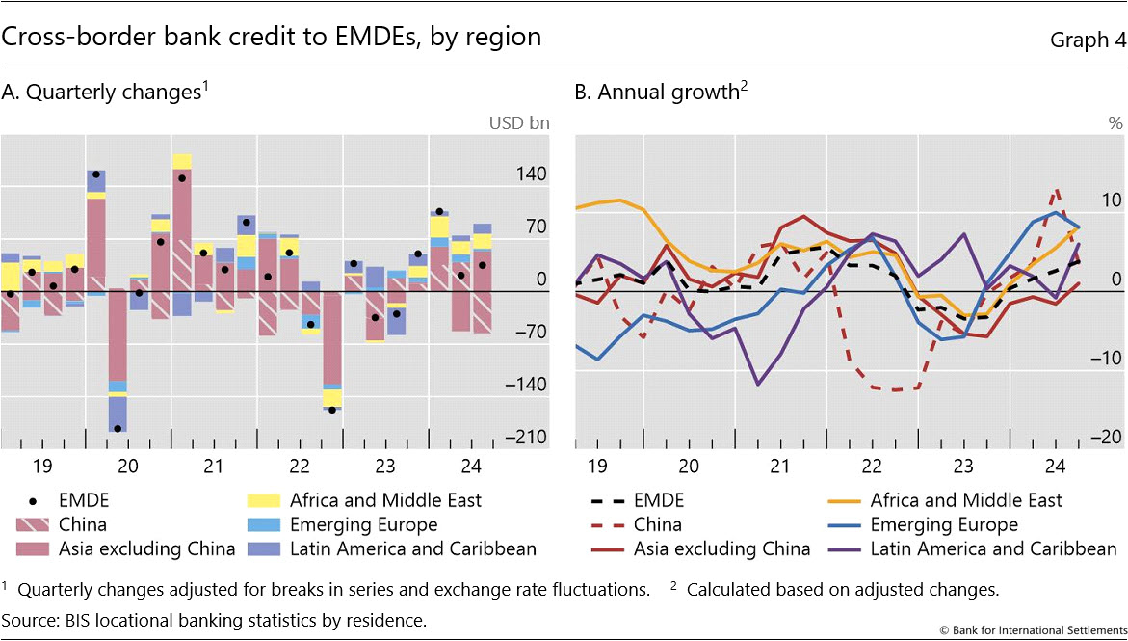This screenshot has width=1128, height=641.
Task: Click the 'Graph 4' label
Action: click(1081, 39)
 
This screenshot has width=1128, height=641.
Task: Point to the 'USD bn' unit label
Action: click(520, 123)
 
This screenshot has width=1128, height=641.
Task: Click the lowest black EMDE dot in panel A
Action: click(118, 428)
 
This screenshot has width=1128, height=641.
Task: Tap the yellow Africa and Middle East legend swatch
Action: click(265, 501)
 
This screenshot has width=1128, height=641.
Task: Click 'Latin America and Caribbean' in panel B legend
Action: click(993, 549)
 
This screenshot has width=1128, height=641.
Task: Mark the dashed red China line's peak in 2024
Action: click(1058, 191)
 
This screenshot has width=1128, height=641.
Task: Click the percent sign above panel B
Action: click(1115, 123)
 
